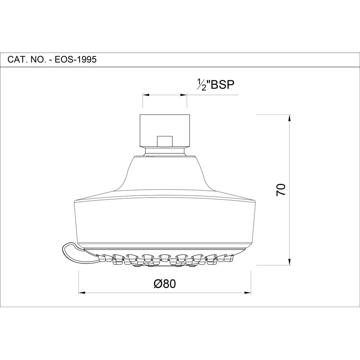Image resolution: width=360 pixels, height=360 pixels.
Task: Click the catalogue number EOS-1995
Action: [75, 60]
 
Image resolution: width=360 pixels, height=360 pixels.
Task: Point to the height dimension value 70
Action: [281, 189]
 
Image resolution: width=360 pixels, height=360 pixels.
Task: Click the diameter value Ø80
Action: [165, 284]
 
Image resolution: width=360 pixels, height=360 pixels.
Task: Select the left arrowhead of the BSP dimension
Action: [146, 95]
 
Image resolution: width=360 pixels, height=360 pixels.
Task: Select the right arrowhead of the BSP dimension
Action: [184, 95]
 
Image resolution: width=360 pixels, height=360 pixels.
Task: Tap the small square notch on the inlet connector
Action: [165, 141]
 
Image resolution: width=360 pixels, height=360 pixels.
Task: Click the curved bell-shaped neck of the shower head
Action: [165, 175]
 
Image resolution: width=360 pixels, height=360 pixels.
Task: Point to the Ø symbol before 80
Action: [157, 284]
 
